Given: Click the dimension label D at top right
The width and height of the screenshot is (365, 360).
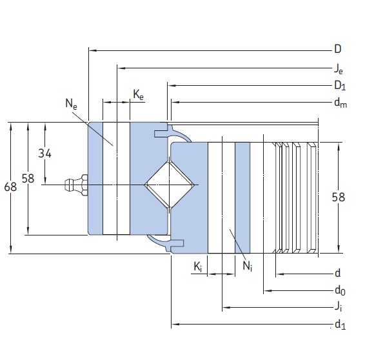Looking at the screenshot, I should [337, 49].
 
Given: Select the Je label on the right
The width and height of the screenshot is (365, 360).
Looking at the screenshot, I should [338, 68].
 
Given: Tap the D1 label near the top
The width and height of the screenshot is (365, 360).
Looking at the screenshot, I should [339, 85].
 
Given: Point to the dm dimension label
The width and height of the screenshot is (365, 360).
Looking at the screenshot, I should [340, 103].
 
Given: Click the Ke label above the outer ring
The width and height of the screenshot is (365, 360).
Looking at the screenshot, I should [138, 95].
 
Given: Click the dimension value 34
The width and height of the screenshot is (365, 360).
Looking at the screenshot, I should [44, 154].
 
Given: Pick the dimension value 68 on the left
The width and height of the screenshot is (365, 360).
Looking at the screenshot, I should [10, 187].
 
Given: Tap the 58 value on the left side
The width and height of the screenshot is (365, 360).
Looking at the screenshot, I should [28, 179].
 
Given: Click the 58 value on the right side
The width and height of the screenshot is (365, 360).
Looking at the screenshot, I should [337, 197].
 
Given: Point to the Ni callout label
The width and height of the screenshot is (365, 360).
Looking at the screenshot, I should [247, 265].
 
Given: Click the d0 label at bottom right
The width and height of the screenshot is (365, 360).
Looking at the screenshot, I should [339, 291].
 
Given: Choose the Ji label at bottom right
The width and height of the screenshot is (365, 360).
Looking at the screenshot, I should [338, 308].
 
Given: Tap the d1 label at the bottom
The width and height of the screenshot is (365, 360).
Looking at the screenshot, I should [339, 325].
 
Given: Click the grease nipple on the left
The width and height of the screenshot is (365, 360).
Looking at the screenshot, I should [75, 185].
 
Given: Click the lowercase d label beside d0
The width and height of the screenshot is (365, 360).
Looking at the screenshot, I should [337, 274].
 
